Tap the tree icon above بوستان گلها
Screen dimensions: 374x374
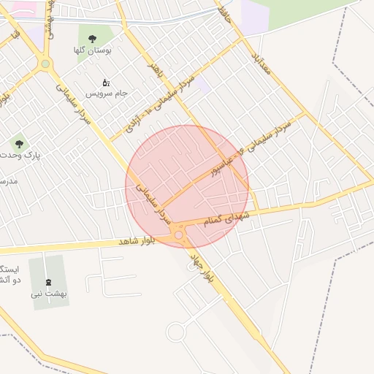point(91,39)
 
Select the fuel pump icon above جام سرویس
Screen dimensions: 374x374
point(106,83)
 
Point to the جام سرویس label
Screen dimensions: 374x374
point(106,93)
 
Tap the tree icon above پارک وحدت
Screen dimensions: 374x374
point(19,144)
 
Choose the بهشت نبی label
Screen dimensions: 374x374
point(49,294)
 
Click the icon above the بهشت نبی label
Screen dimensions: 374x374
point(49,283)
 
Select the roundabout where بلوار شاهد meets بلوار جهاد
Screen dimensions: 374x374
point(179,234)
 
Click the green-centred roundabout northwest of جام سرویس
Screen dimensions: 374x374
point(45,64)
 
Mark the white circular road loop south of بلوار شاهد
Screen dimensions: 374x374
point(175,332)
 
